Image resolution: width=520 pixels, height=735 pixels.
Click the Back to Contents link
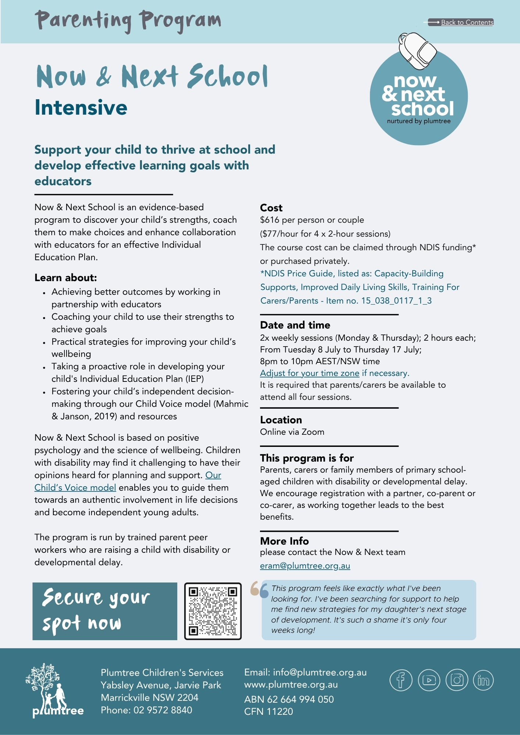click(x=467, y=22)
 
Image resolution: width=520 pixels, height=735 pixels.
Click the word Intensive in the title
click(x=81, y=108)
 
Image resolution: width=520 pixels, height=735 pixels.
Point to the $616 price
click(x=270, y=220)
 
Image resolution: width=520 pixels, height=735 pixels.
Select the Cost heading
click(x=271, y=208)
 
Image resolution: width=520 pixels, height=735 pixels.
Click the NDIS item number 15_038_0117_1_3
click(x=396, y=301)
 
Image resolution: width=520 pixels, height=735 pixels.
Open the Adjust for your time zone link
click(x=309, y=373)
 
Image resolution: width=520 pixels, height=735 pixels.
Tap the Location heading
click(x=281, y=420)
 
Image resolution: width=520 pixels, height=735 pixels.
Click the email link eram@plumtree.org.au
click(x=305, y=566)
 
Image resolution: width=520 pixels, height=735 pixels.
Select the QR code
click(x=213, y=611)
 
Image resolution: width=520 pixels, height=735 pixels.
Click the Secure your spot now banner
click(x=105, y=611)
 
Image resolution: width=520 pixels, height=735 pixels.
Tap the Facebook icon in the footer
click(x=400, y=680)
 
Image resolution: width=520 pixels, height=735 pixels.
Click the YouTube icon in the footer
click(x=429, y=680)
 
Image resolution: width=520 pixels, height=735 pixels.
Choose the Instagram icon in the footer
click(x=457, y=680)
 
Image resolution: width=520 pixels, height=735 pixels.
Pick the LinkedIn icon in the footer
click(x=483, y=680)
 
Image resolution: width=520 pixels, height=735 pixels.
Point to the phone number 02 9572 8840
click(x=163, y=710)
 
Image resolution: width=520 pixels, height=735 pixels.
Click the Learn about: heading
click(x=65, y=278)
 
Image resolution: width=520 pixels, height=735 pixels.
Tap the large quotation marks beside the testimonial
click(x=259, y=589)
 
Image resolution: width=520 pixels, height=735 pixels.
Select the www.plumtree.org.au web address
click(x=291, y=685)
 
